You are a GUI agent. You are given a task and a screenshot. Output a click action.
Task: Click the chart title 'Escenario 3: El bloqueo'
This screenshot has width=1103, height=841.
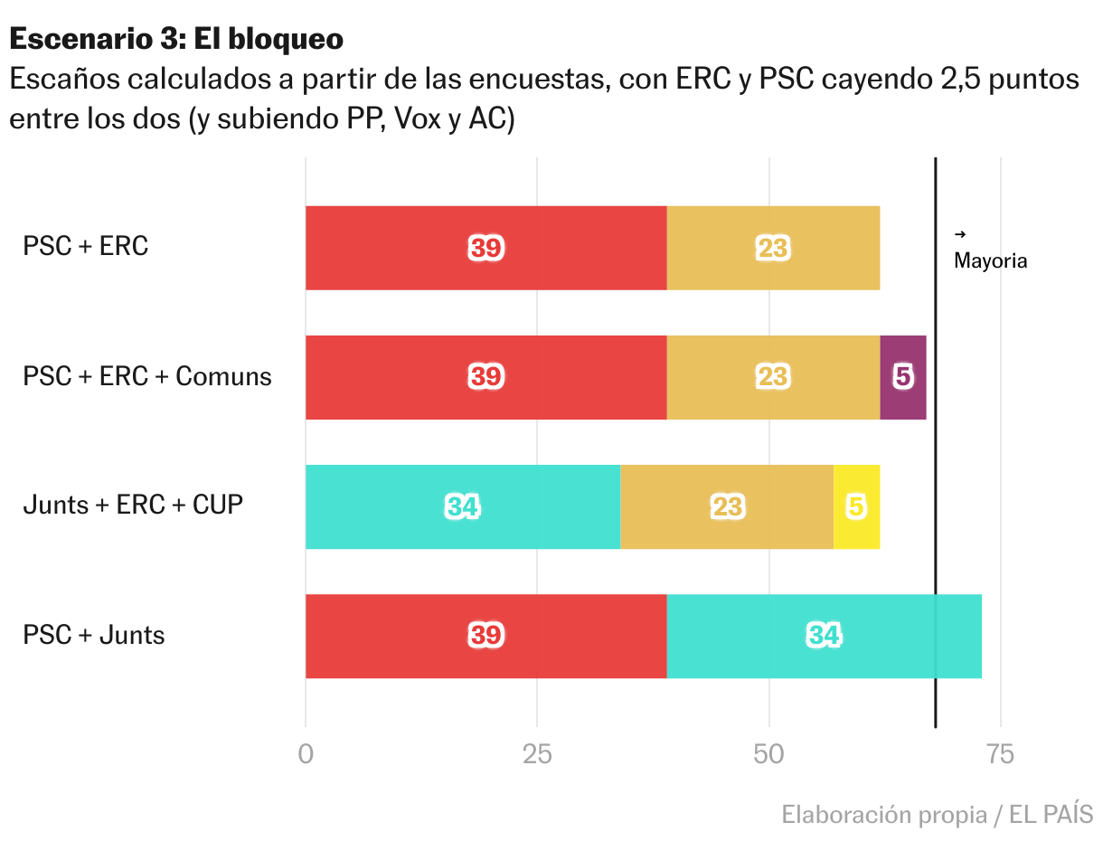point(176,39)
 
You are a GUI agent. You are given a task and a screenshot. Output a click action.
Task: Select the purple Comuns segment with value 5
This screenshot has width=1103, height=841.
point(902,377)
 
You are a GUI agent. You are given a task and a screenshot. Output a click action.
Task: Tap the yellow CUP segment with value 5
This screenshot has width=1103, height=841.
point(856,506)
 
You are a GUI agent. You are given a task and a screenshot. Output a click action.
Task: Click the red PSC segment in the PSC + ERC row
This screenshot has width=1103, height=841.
point(486,248)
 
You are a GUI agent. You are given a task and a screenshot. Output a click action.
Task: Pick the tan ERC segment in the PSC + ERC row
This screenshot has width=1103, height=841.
point(773,248)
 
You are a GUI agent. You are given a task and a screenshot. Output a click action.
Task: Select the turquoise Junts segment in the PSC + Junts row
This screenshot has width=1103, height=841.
point(824,636)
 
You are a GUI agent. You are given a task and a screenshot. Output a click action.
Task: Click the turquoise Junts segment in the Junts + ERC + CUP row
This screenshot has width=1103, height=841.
point(462,506)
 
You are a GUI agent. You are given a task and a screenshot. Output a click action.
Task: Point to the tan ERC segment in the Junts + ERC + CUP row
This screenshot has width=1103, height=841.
point(727,506)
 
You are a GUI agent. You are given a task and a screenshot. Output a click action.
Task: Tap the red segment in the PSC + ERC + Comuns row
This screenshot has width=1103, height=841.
point(486,377)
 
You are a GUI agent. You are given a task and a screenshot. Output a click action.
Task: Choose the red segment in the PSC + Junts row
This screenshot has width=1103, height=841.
point(486,636)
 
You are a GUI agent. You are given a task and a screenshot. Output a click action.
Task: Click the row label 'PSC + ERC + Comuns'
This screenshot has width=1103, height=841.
point(147,376)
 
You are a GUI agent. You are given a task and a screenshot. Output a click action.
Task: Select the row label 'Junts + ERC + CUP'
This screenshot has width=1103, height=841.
point(133,505)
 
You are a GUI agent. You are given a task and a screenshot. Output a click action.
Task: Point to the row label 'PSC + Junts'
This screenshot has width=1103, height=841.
point(94,635)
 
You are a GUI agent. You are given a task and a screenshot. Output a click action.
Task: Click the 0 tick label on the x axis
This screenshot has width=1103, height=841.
point(306,754)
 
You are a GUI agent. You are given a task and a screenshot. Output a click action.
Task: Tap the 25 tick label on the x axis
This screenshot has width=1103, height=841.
point(537,754)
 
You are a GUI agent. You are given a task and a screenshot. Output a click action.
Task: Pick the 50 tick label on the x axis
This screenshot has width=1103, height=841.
point(768,754)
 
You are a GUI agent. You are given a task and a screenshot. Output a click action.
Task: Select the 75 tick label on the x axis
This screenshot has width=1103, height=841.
point(1001,754)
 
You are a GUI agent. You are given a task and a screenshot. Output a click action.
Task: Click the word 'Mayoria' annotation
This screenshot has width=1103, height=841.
point(991,261)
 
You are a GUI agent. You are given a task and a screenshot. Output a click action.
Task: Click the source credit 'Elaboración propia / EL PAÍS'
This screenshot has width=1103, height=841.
point(937,815)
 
